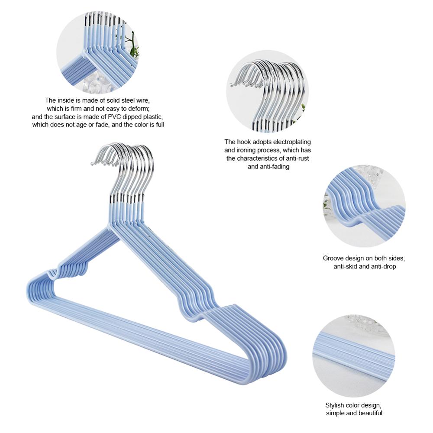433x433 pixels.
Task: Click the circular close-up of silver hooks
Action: click(x=267, y=91)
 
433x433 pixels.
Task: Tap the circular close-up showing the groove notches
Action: click(x=365, y=206)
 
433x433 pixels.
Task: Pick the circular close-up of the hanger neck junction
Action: click(x=97, y=52)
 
